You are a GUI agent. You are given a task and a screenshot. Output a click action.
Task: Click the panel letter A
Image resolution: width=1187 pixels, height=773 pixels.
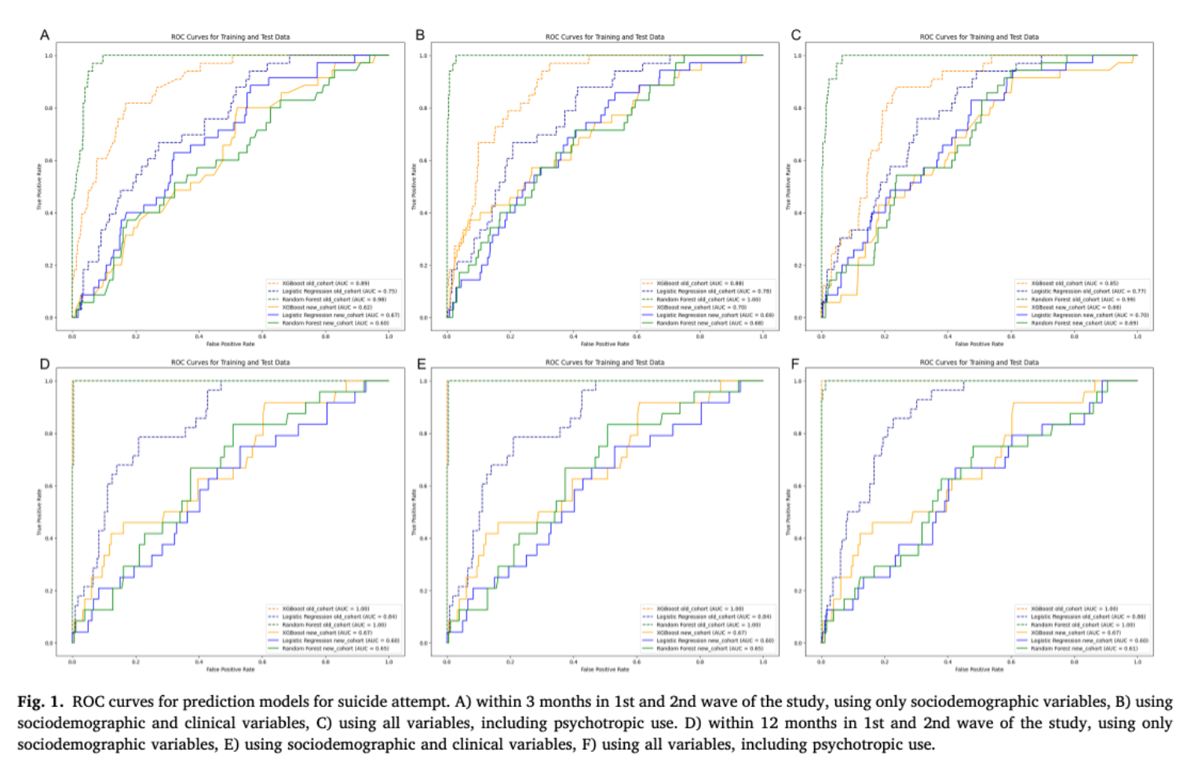coord(45,35)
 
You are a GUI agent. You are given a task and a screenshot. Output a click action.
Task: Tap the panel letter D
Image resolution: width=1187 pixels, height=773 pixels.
coord(45,364)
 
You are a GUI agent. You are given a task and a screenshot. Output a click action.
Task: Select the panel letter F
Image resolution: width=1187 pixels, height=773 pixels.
coord(795,364)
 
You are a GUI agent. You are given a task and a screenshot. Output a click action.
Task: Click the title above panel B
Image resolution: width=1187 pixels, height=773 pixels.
coord(604,37)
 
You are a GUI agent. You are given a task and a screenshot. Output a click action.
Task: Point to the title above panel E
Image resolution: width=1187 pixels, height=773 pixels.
coord(604,362)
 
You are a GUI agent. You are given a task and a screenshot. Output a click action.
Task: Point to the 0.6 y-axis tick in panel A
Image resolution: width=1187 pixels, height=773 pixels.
coord(49,160)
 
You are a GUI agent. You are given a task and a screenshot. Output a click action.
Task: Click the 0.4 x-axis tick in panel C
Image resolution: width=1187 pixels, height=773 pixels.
coord(948,336)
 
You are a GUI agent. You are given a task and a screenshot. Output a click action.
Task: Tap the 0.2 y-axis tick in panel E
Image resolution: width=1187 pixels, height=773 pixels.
coord(424,591)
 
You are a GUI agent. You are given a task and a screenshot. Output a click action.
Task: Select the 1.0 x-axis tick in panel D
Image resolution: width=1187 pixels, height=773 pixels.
coord(389,661)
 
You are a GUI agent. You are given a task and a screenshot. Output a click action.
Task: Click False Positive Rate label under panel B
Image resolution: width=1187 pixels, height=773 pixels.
coord(604,343)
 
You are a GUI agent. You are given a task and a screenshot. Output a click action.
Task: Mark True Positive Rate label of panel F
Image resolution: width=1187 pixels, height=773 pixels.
coord(787,512)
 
